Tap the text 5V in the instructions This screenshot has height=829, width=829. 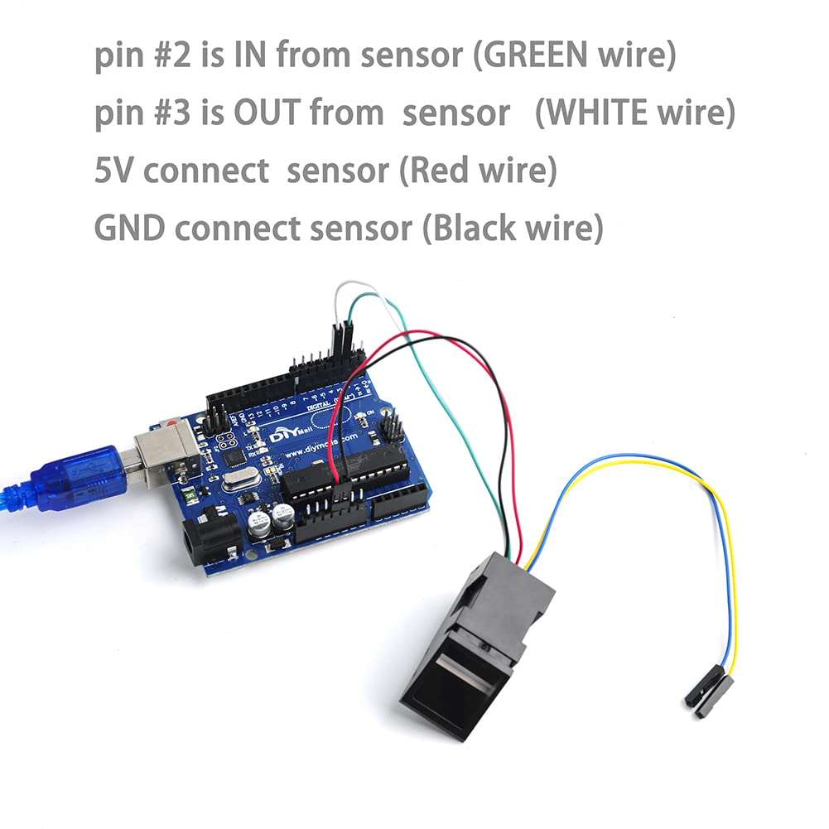coord(116,171)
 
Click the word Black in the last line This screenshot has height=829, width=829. coord(473,228)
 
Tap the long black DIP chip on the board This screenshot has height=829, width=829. coord(348,472)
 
